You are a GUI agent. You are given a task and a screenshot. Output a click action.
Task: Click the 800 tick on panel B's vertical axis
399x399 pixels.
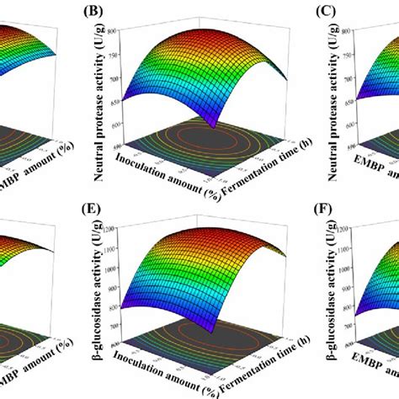(x=122, y=31)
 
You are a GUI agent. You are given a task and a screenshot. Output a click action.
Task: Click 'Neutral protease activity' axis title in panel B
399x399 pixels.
(x=99, y=84)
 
